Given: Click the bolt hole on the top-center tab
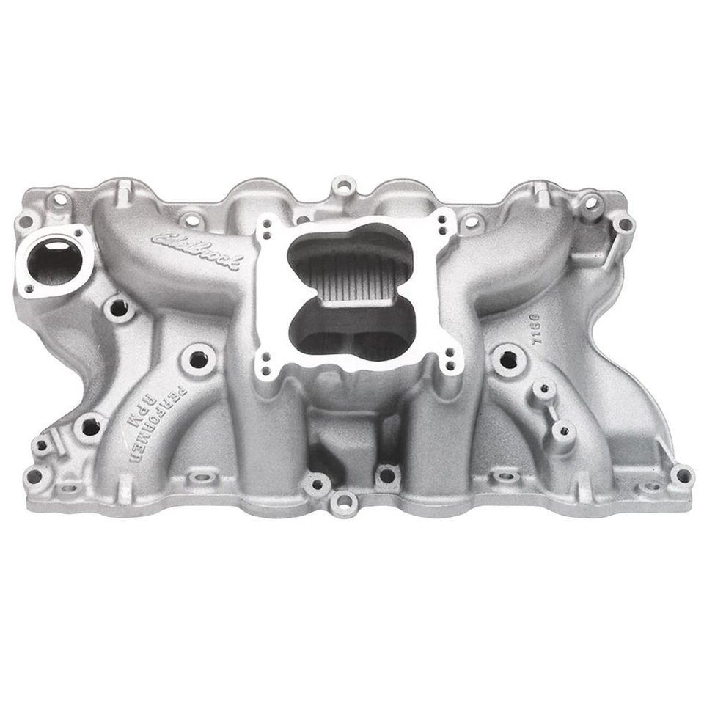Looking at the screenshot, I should tap(342, 184).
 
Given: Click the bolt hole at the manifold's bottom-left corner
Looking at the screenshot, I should tap(33, 476).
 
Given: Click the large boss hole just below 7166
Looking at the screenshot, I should tap(506, 359).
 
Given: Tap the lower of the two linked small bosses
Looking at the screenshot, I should tap(563, 430).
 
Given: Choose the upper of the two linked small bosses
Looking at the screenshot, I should tap(543, 389).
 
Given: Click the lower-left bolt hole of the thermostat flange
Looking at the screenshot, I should tap(29, 289).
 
